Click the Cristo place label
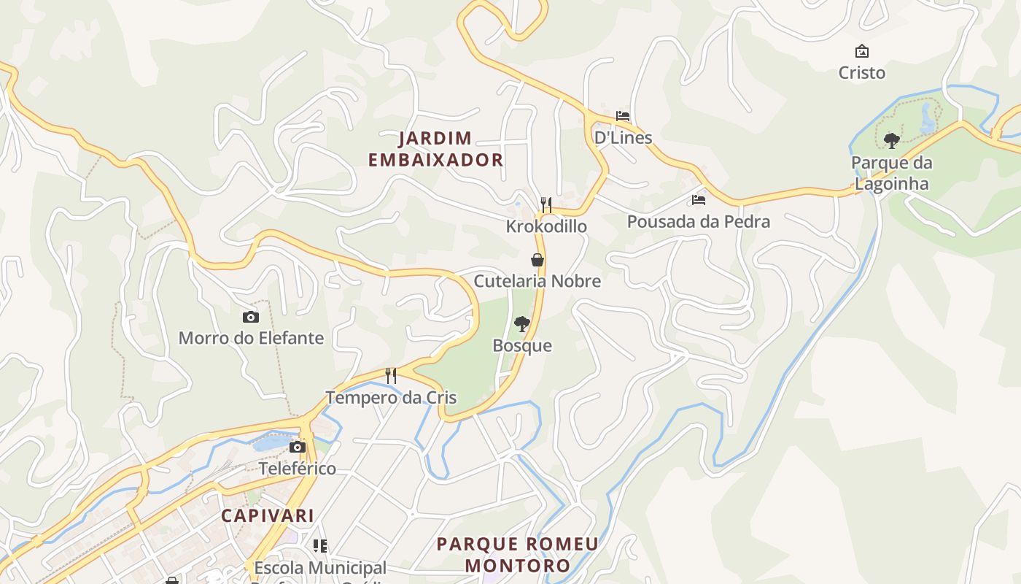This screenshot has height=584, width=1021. [x=861, y=73]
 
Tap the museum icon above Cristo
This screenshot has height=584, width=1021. [x=862, y=51]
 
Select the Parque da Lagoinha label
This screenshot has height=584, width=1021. [x=891, y=173]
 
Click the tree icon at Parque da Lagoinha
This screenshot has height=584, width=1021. [x=891, y=140]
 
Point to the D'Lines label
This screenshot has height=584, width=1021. [x=623, y=138]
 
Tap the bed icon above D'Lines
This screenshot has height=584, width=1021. [x=623, y=116]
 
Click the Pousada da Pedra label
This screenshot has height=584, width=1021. [x=698, y=222]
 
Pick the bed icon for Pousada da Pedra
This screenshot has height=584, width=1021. [x=699, y=199]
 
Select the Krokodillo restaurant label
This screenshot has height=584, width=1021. [x=546, y=226]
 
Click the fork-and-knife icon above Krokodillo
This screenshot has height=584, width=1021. [x=546, y=204]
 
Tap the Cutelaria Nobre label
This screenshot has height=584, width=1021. [x=537, y=281]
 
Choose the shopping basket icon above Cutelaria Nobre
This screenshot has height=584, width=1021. [x=537, y=259]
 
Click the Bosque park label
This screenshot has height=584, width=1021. [x=522, y=345]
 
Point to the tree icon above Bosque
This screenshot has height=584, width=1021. [x=521, y=323]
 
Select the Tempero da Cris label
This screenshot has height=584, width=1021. [x=391, y=398]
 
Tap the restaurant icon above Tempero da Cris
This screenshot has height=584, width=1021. [x=391, y=376]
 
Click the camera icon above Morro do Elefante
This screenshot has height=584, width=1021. [x=251, y=317]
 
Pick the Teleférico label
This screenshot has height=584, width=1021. [x=298, y=469]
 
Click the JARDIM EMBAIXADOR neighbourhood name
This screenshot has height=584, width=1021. [x=435, y=149]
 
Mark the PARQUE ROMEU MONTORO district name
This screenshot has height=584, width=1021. [x=517, y=555]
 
